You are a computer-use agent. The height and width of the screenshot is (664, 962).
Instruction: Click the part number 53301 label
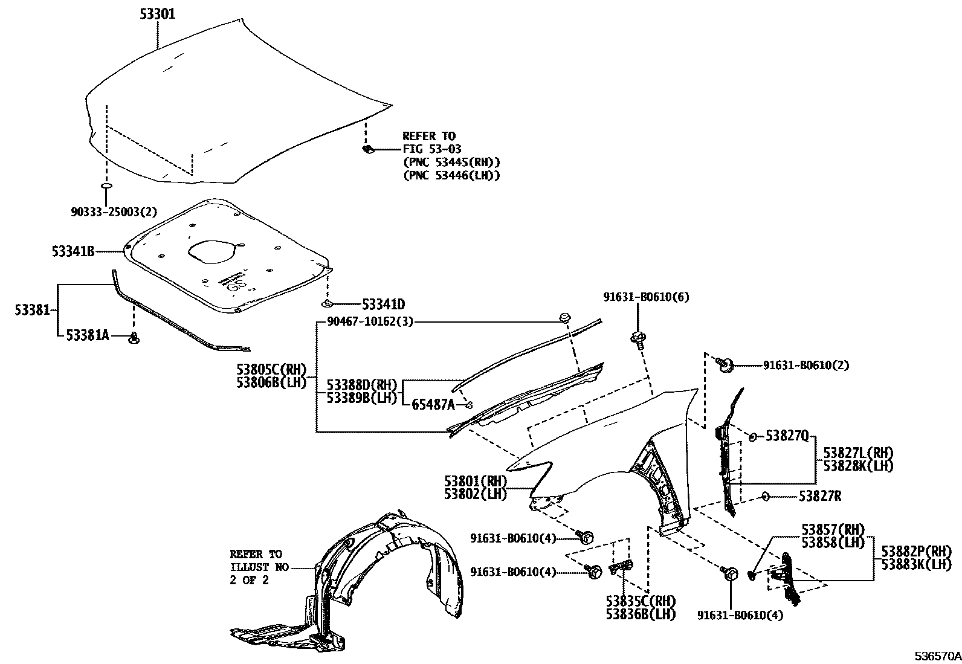(158, 14)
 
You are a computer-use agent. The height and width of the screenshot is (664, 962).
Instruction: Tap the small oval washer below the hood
(106, 185)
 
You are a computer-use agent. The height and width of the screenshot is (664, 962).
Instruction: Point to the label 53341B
(73, 251)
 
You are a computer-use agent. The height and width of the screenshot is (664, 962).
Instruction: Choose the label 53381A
(88, 335)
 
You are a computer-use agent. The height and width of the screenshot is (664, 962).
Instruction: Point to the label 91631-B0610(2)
(805, 365)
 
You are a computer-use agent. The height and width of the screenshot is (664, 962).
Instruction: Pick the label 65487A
(433, 405)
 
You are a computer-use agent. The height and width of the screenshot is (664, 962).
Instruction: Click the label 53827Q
(787, 435)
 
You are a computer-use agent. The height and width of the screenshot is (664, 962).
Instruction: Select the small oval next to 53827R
(765, 496)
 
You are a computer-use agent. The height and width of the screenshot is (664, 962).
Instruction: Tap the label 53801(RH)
(476, 482)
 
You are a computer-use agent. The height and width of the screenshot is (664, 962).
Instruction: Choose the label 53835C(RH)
(641, 601)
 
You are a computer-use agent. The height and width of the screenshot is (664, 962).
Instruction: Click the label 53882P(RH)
(916, 551)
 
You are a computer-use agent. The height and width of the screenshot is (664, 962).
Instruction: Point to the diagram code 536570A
(937, 656)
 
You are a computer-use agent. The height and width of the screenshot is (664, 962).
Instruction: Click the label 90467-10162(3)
(370, 321)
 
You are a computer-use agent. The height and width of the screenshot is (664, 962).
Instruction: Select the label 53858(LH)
(833, 542)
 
